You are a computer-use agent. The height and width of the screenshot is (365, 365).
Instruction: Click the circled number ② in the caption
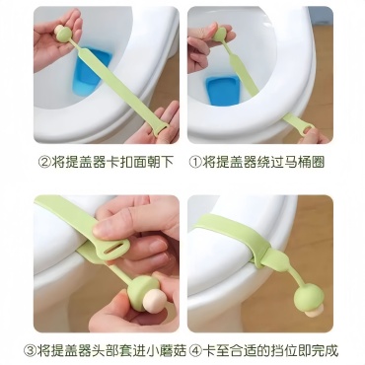point(44,163)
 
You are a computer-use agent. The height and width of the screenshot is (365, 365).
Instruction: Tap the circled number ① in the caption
point(195,163)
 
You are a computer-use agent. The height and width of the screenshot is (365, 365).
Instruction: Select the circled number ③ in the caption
point(30,350)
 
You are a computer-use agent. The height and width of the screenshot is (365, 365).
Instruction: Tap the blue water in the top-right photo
point(223,91)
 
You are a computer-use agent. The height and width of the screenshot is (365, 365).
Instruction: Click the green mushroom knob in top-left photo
point(64,35)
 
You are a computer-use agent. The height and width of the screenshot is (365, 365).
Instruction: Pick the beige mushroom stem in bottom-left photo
point(153,298)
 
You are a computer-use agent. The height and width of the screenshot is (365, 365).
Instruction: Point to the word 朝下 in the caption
point(160,163)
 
